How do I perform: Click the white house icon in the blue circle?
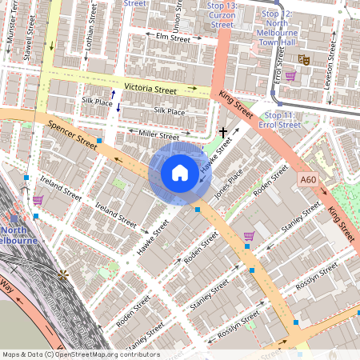pyautogui.click(x=180, y=173)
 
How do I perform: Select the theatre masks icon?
pyautogui.click(x=304, y=59)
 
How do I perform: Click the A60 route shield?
pyautogui.click(x=309, y=182)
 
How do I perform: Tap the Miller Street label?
pyautogui.click(x=158, y=133)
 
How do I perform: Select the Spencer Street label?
pyautogui.click(x=72, y=133)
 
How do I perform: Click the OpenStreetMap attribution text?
pyautogui.click(x=80, y=354)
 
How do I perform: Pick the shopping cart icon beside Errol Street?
pyautogui.click(x=290, y=77)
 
